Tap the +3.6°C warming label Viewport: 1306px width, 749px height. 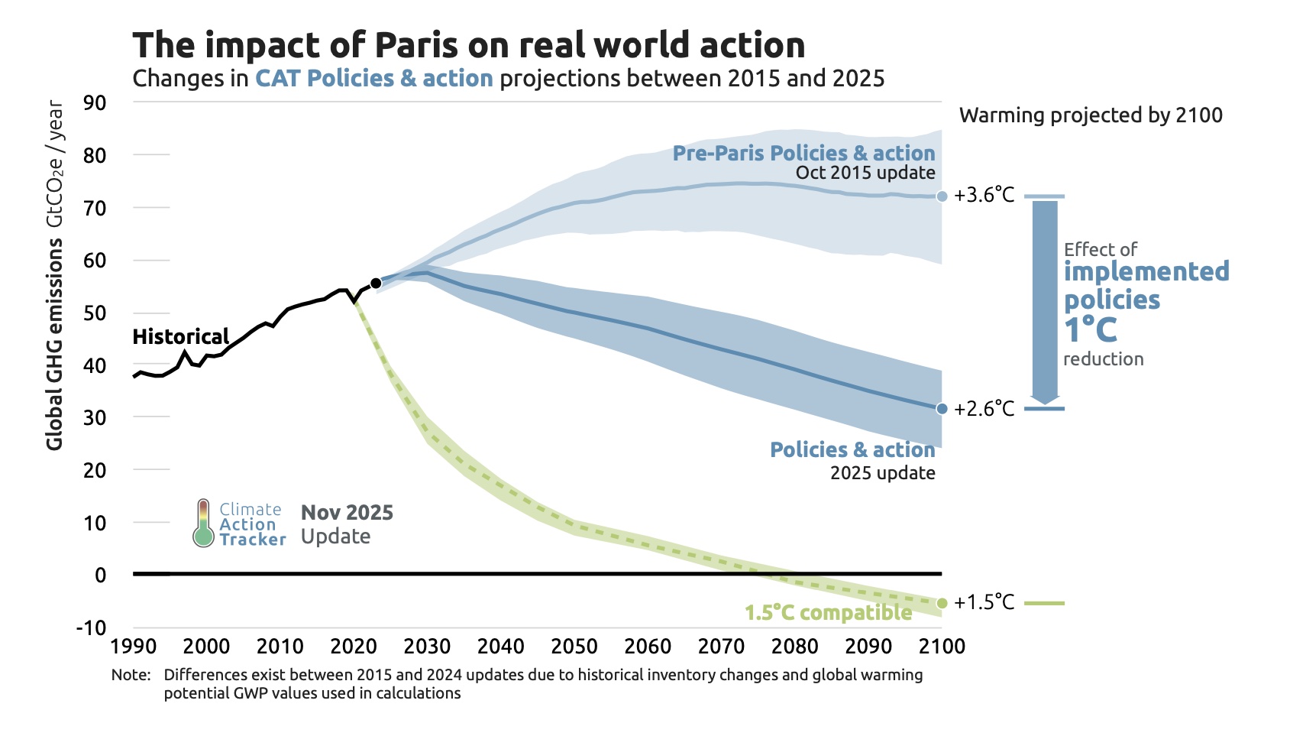click(984, 196)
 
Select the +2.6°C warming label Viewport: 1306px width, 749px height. click(984, 409)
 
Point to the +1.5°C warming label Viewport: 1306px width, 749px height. click(984, 603)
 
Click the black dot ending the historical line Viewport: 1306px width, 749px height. click(376, 284)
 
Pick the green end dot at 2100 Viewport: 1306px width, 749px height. click(942, 604)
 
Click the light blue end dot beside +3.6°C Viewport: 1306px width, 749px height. click(942, 196)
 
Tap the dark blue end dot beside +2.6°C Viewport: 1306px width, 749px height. click(942, 409)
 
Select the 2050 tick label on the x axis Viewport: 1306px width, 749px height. click(574, 647)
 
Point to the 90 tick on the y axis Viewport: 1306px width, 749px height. click(95, 102)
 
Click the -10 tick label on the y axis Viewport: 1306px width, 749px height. click(92, 628)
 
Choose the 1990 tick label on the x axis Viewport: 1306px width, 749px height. click(134, 647)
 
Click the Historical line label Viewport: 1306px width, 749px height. click(180, 337)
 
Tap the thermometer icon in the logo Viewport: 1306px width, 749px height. click(202, 524)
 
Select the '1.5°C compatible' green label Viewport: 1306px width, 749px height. click(828, 613)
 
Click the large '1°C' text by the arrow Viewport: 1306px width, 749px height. click(1091, 330)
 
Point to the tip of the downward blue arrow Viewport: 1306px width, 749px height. click(1045, 403)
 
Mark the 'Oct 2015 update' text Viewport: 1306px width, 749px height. click(865, 173)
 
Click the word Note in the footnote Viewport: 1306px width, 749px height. click(130, 675)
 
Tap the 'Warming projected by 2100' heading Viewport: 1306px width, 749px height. click(1091, 115)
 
